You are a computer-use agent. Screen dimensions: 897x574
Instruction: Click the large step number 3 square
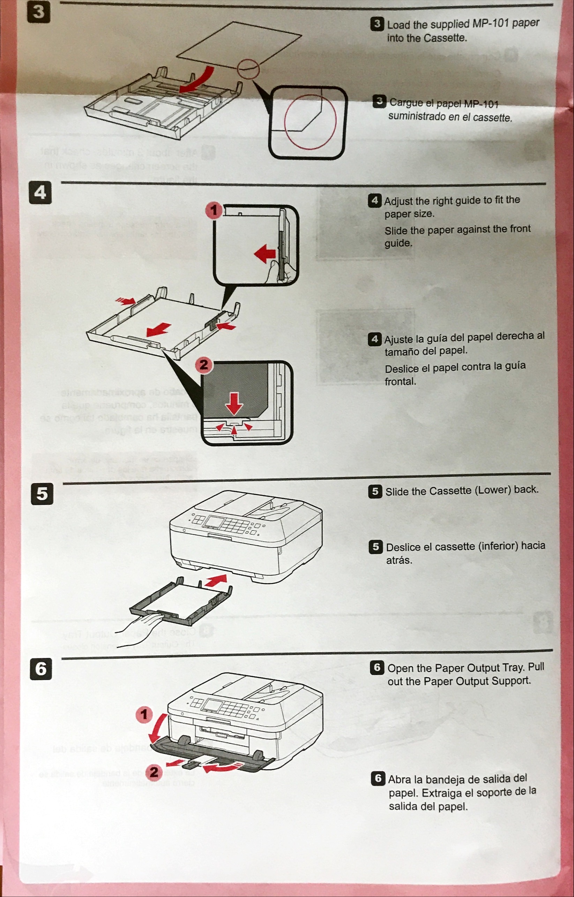(39, 13)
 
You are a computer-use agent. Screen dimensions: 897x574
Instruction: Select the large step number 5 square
(42, 494)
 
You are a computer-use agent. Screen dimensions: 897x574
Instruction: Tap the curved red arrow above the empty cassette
(197, 80)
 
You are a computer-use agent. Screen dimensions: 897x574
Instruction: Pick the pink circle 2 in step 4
(204, 365)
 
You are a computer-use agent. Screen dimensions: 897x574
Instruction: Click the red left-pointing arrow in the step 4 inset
(265, 254)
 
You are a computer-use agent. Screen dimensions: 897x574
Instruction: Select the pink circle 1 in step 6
(144, 714)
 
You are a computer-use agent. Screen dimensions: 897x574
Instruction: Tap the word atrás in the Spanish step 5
(399, 560)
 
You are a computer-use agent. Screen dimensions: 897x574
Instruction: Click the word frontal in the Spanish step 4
(400, 381)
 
